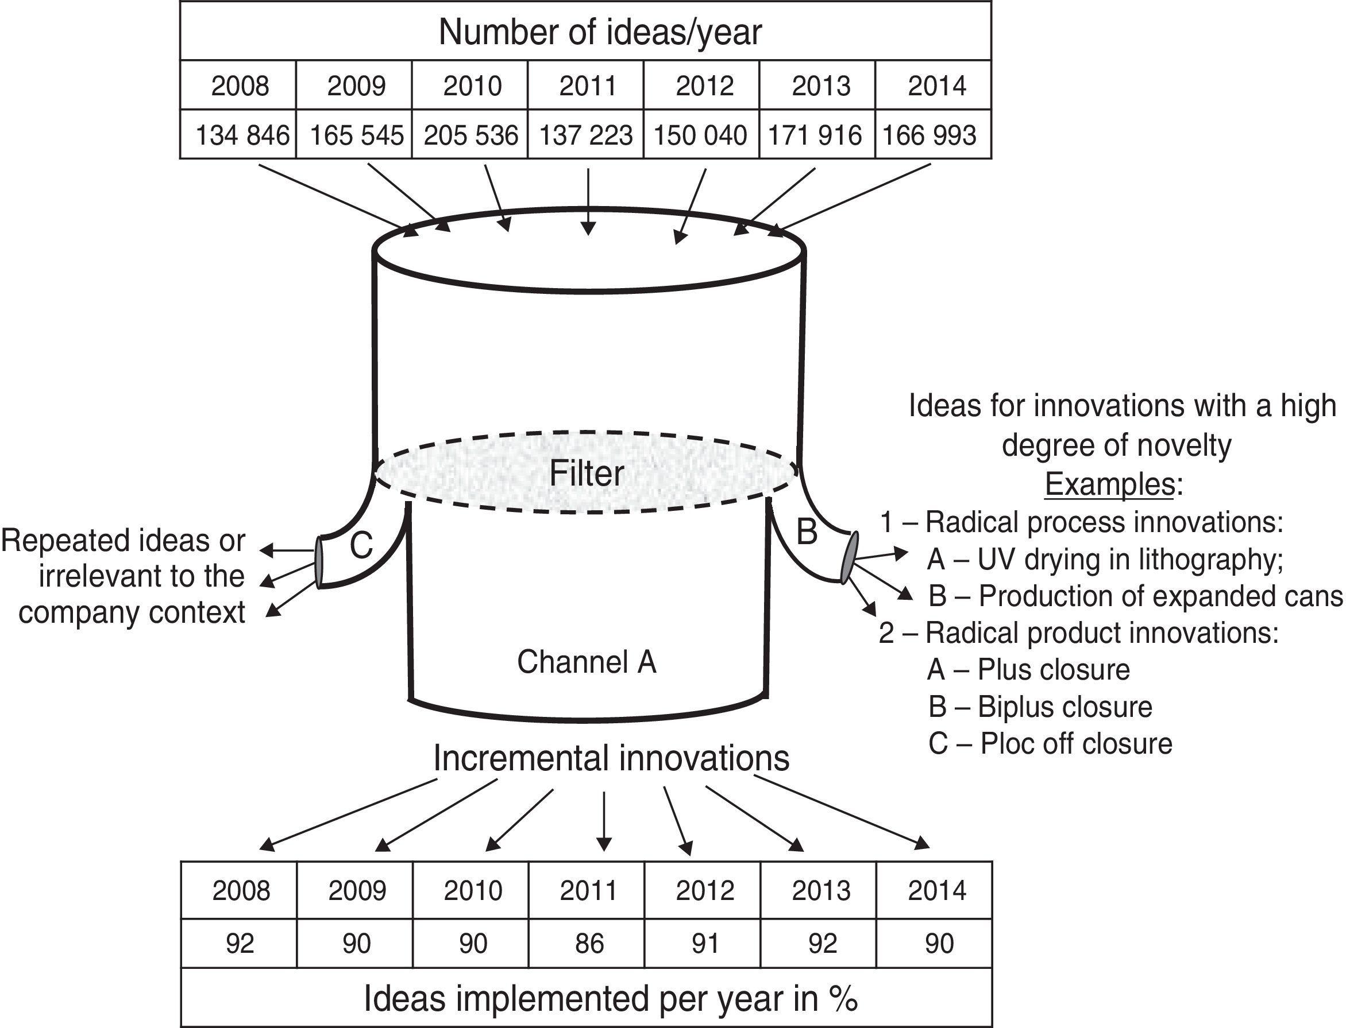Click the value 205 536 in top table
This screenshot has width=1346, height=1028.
470,135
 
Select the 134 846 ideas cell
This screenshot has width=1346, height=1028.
241,135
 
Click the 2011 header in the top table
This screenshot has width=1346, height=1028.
588,86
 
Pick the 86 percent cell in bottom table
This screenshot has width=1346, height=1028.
589,943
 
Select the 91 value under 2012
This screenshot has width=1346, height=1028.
705,943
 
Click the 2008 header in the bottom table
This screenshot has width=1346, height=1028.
241,890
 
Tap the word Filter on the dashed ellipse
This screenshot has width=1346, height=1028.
586,474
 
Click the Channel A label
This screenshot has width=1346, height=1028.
586,662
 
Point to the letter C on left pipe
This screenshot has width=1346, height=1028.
361,545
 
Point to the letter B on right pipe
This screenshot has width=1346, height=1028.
807,531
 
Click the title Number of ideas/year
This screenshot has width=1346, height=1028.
600,33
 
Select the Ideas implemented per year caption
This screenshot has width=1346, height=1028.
611,999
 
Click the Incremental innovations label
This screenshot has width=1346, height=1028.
611,759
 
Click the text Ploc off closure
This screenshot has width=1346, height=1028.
1075,744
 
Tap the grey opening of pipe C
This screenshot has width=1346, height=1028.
319,561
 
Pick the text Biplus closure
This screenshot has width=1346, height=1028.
1065,707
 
